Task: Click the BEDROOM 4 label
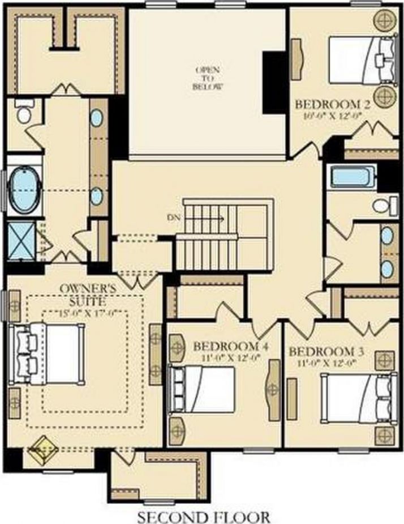(x=230, y=346)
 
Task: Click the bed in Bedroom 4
(x=204, y=390)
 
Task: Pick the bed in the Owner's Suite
(x=51, y=352)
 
